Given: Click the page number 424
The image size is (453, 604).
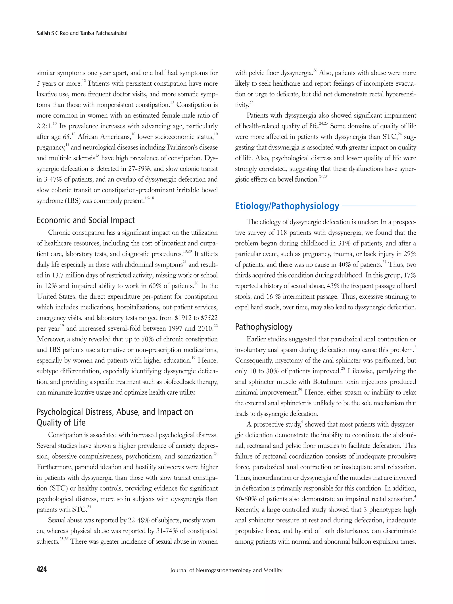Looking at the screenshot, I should [x=42, y=569].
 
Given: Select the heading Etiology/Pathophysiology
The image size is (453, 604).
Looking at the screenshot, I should [x=287, y=206].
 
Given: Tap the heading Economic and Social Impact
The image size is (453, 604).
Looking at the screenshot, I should [x=86, y=220].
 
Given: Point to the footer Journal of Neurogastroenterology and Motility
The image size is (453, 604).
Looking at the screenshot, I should [x=226, y=570].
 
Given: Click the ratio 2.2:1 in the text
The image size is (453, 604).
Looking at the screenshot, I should [x=44, y=126].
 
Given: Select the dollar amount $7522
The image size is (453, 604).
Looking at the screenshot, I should [x=209, y=318].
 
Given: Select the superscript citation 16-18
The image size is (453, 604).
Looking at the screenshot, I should [x=149, y=198].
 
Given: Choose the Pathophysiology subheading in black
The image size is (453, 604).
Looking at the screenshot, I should [x=264, y=327].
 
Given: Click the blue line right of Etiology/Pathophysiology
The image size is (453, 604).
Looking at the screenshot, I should [x=379, y=206].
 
